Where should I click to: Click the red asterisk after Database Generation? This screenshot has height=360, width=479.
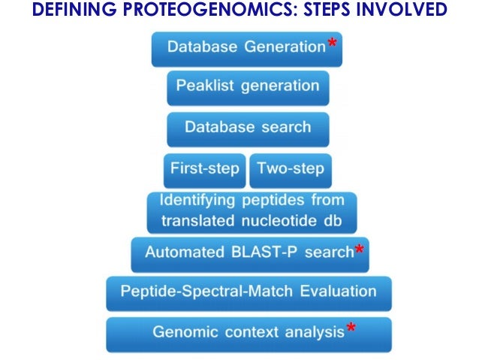coord(332,44)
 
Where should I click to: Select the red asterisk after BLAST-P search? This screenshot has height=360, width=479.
coord(360,250)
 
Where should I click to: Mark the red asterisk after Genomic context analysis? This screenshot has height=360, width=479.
coord(351,329)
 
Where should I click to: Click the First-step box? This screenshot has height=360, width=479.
coord(204,168)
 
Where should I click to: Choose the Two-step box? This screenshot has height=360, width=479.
coord(289,168)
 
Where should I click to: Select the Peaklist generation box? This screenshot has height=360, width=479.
coord(248,86)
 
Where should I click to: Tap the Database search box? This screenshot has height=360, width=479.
coord(248,127)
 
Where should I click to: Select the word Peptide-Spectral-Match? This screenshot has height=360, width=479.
coord(201,291)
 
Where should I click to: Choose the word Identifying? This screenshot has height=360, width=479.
coord(196,201)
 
